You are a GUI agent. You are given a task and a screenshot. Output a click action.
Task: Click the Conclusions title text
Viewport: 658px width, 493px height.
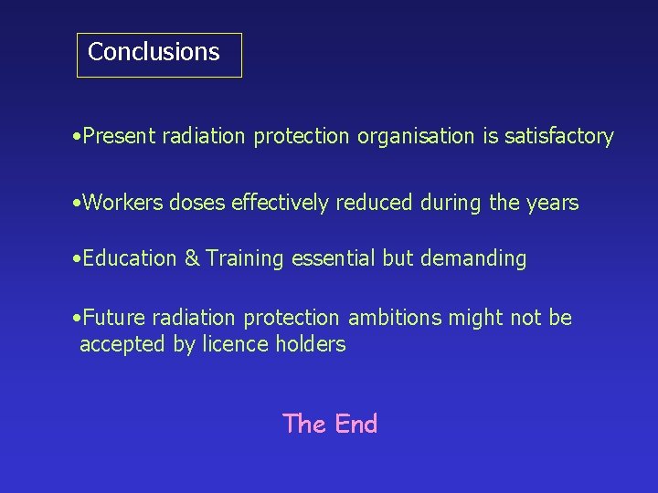(154, 52)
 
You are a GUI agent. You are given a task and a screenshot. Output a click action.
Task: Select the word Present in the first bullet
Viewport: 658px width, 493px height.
(120, 137)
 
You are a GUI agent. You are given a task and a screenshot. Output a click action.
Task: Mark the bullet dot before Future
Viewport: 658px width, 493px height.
(75, 319)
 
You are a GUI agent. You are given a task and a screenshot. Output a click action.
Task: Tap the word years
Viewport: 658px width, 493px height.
(552, 203)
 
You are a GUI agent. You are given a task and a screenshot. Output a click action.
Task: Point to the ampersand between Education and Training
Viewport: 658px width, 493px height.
(192, 258)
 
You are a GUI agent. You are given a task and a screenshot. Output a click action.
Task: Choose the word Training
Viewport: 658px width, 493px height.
(245, 259)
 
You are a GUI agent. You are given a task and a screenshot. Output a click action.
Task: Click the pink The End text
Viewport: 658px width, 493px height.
(330, 424)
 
